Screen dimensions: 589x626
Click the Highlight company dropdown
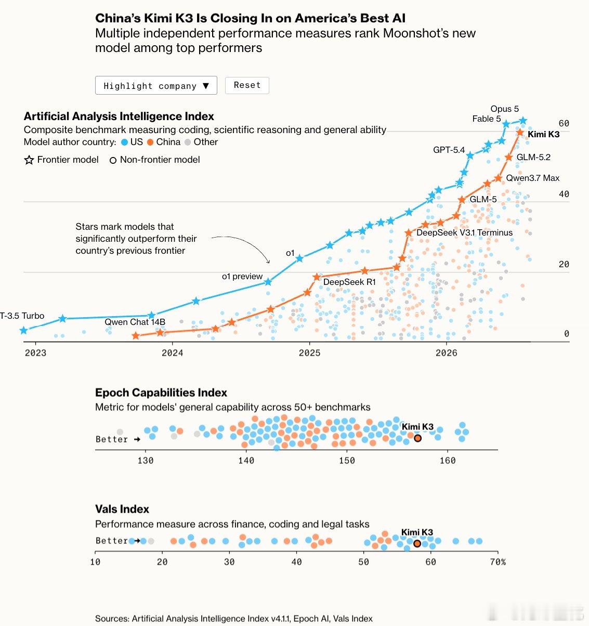point(156,85)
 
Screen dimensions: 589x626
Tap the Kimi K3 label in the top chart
point(544,134)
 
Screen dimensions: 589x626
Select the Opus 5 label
point(504,109)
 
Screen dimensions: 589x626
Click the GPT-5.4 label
point(449,150)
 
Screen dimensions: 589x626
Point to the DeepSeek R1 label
point(349,282)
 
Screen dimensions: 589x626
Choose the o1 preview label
point(242,277)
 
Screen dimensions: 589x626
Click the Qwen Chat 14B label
point(135,322)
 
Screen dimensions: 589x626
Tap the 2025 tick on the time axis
point(309,353)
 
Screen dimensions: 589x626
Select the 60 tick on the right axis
point(564,123)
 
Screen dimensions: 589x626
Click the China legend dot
point(150,142)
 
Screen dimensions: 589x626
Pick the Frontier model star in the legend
point(29,160)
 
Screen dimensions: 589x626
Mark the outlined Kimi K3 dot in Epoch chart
point(417,438)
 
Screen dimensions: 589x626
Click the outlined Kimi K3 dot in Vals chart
point(417,543)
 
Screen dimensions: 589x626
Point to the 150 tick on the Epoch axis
point(347,461)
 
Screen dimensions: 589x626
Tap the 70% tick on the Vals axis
point(498,562)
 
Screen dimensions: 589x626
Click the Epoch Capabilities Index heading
point(161,393)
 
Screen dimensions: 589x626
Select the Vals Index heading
point(122,509)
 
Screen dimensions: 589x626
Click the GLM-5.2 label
point(533,157)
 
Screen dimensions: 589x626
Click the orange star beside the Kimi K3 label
point(520,133)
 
